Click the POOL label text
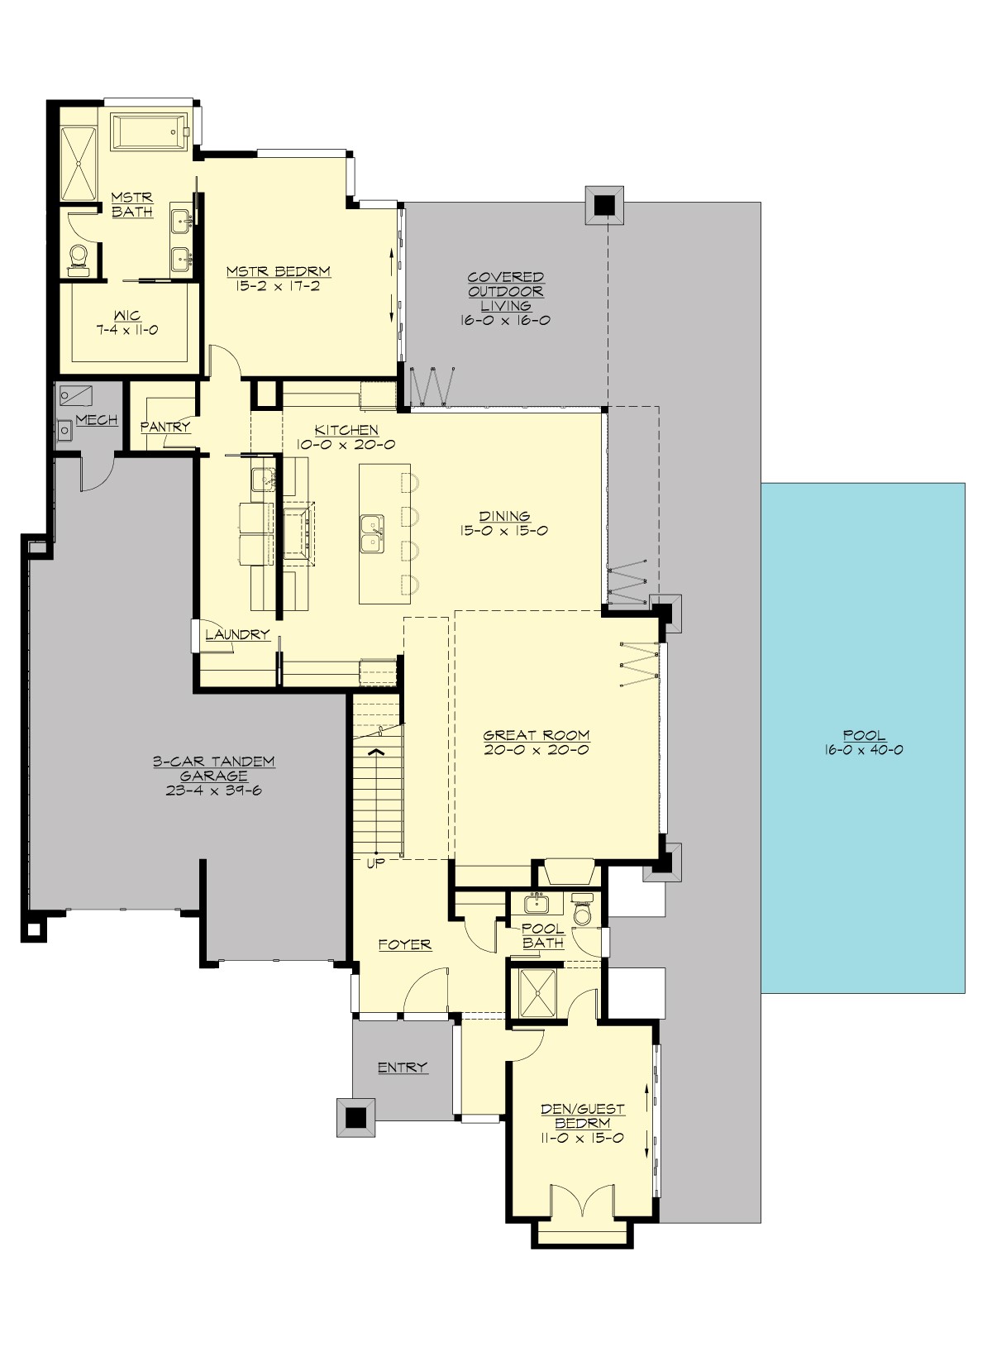[864, 735]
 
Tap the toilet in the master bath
[79, 256]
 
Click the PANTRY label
[165, 428]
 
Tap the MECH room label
[97, 421]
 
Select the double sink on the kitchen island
[371, 533]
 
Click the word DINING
[504, 517]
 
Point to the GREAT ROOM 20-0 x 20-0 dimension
[537, 751]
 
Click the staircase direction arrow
[376, 752]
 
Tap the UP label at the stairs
[376, 864]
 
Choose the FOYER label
[405, 944]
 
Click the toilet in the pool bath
[583, 910]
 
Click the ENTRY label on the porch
[403, 1068]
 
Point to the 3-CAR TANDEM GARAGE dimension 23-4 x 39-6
[213, 791]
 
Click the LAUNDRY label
[237, 635]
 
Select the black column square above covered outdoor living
[604, 205]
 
